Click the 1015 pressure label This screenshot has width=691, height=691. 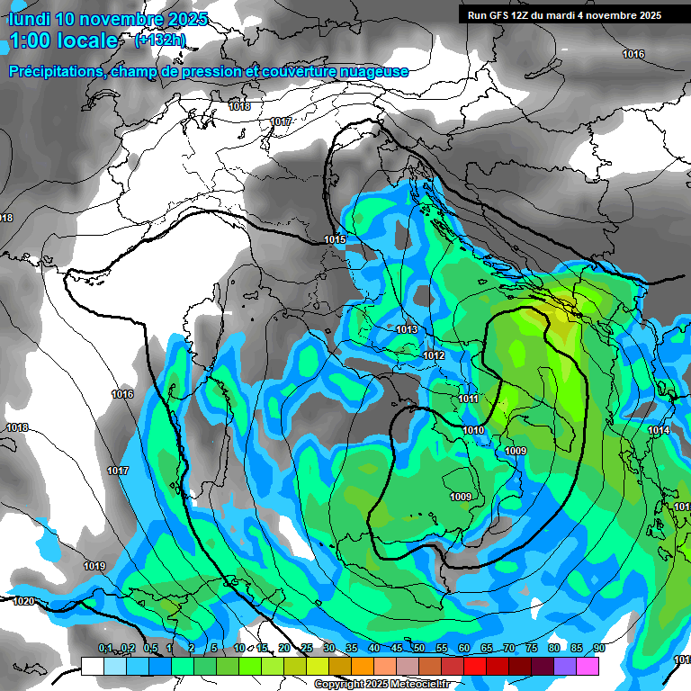click(x=336, y=239)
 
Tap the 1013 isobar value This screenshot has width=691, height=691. click(x=407, y=330)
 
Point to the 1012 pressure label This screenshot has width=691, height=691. click(x=434, y=356)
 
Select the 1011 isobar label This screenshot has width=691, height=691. click(x=468, y=399)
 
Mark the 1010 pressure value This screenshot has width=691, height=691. click(x=474, y=431)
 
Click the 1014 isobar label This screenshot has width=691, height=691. click(x=660, y=431)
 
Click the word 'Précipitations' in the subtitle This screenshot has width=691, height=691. click(x=54, y=71)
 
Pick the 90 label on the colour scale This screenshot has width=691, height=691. click(x=598, y=649)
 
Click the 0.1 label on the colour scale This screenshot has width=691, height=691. click(x=105, y=649)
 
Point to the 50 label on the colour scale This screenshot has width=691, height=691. click(x=418, y=649)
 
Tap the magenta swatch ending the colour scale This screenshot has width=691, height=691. click(x=588, y=666)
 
